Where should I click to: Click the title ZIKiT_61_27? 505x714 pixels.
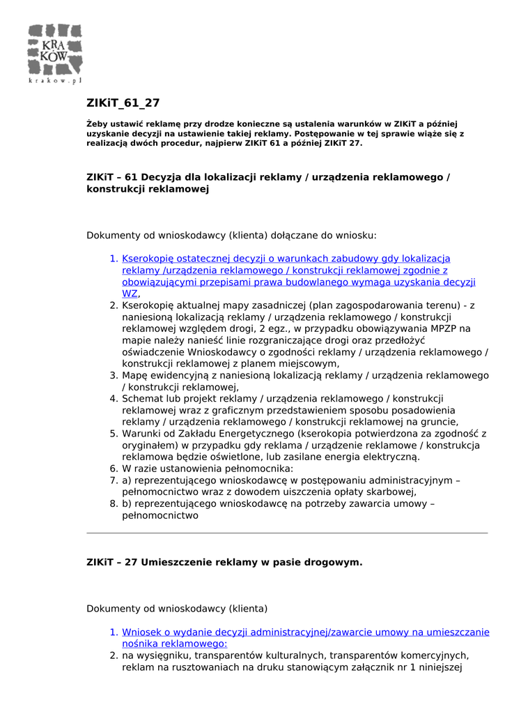(x=123, y=103)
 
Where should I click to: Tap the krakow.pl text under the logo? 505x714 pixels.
(x=56, y=81)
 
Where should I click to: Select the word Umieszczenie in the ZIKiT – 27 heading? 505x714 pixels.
(x=176, y=562)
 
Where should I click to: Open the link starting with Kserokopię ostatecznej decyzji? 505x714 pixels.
(x=286, y=259)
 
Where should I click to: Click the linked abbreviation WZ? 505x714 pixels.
(x=130, y=294)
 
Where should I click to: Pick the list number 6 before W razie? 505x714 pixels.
(x=114, y=469)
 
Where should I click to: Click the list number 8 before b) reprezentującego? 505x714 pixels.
(x=114, y=503)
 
